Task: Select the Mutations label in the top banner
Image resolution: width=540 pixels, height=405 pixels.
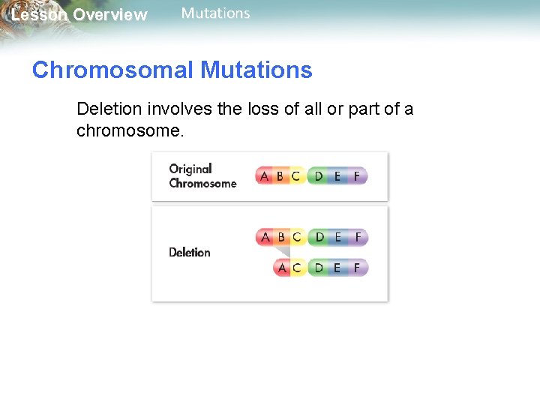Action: (x=216, y=13)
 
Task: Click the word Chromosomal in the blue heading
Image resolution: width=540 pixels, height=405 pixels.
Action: (x=112, y=70)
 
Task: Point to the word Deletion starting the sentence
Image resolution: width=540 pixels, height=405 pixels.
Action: (x=109, y=109)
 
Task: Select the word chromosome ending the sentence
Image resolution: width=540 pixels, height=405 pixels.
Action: (x=128, y=130)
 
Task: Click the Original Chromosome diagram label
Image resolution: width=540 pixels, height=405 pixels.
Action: (x=202, y=176)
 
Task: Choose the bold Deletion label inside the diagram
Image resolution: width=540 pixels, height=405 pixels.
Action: (x=190, y=253)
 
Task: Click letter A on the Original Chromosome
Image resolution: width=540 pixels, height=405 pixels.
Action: (x=264, y=176)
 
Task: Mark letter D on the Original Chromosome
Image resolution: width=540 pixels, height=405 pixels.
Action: (x=319, y=176)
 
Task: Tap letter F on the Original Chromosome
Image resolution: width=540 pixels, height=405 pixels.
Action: (x=357, y=176)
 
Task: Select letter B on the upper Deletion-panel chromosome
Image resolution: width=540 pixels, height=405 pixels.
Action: (x=280, y=237)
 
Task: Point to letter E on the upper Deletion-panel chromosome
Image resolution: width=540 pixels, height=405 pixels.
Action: (x=338, y=237)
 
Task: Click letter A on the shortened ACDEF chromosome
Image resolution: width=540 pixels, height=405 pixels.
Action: (x=282, y=268)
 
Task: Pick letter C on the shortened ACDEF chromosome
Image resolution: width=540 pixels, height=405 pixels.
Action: (x=297, y=268)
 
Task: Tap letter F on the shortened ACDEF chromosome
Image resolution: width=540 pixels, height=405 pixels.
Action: (x=357, y=268)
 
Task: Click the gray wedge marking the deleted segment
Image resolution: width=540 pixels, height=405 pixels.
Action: (x=282, y=253)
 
